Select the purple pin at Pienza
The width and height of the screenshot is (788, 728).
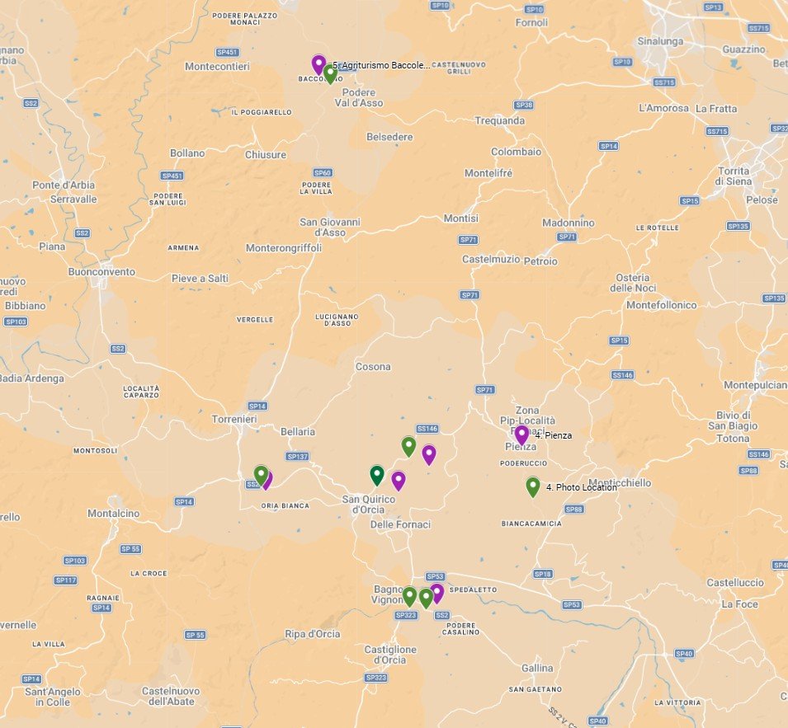pyautogui.click(x=521, y=434)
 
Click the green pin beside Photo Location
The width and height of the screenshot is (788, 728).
pyautogui.click(x=533, y=486)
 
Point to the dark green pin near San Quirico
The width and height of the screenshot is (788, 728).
pyautogui.click(x=377, y=475)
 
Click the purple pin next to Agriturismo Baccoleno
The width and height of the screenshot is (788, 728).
pyautogui.click(x=319, y=63)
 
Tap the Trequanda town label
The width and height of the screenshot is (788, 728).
pyautogui.click(x=499, y=120)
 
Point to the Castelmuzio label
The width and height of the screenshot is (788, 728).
pyautogui.click(x=491, y=259)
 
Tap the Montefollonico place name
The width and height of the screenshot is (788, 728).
pyautogui.click(x=661, y=305)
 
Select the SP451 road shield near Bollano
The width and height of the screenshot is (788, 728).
pyautogui.click(x=172, y=176)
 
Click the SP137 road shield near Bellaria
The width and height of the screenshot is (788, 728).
pyautogui.click(x=297, y=456)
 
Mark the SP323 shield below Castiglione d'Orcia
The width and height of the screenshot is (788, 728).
pyautogui.click(x=375, y=678)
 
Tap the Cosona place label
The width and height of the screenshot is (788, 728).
pyautogui.click(x=373, y=367)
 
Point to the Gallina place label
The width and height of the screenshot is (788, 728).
pyautogui.click(x=537, y=667)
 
